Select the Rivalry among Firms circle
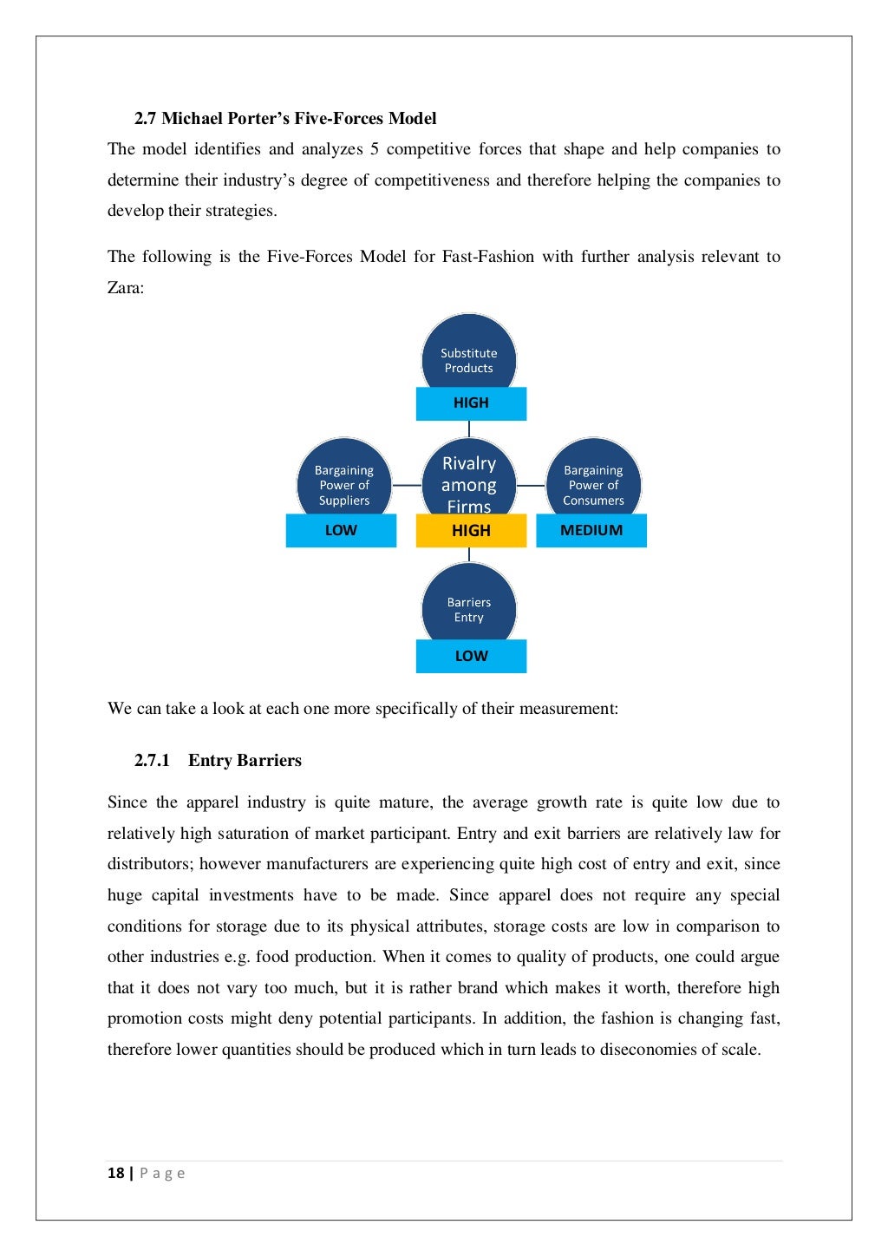click(468, 481)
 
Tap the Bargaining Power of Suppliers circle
click(343, 481)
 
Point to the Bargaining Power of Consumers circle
click(593, 481)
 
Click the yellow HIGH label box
click(471, 531)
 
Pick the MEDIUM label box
click(591, 531)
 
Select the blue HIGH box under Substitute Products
click(471, 403)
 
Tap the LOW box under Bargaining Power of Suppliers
click(341, 531)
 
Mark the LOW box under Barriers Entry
click(471, 657)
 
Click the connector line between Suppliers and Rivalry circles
click(406, 485)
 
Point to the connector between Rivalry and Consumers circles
click(531, 485)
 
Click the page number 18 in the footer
click(115, 1174)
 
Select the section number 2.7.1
click(152, 761)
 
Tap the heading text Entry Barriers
click(245, 761)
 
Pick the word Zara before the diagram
click(124, 288)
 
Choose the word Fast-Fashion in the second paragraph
click(487, 257)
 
